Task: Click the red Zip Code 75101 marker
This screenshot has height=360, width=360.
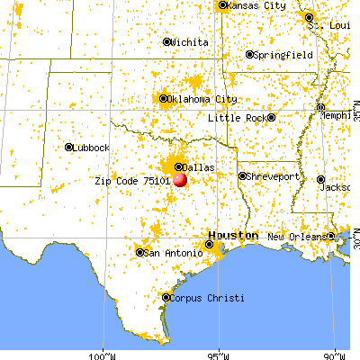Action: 181,179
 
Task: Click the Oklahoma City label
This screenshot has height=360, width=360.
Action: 203,99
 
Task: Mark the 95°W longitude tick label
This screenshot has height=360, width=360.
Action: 220,351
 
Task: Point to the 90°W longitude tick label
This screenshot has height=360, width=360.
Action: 335,351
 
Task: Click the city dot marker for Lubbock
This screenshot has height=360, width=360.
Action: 69,148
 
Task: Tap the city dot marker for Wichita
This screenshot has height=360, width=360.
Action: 167,42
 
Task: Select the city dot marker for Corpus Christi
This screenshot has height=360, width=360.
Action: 166,296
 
